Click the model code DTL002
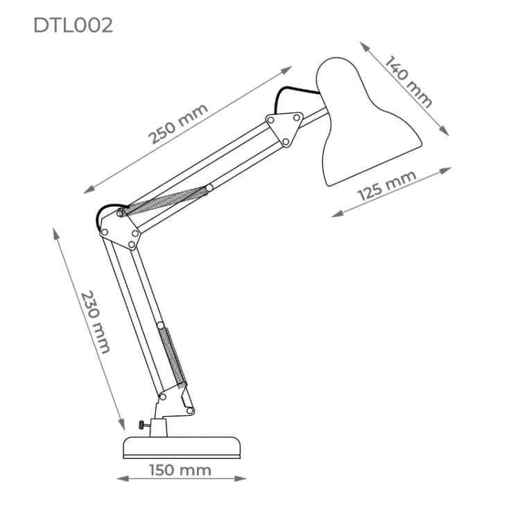pos(73,25)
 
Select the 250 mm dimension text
pos(178,123)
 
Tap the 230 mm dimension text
pos(95,322)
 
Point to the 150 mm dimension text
pos(180,470)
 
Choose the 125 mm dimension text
pos(387,185)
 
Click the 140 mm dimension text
pos(408,81)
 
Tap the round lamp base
pos(182,448)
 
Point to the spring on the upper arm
pos(165,201)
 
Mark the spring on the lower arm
pos(173,358)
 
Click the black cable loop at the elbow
pos(107,212)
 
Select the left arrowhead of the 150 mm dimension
pos(123,478)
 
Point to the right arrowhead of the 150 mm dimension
pos(241,478)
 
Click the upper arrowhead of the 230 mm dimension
pos(55,234)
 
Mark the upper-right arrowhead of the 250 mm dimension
pos(286,69)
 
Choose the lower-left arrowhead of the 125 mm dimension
pos(337,214)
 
